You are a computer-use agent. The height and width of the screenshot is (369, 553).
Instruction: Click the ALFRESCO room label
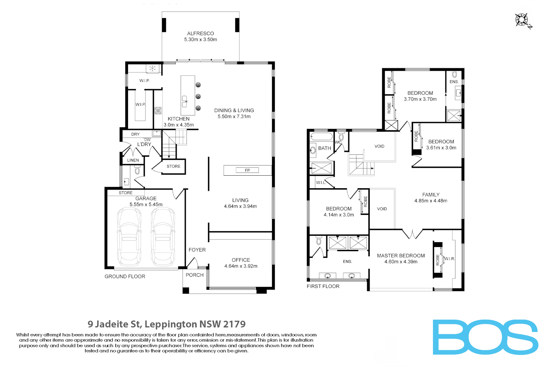coord(200,33)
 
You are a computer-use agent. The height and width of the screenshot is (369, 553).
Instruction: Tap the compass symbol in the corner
coord(523,20)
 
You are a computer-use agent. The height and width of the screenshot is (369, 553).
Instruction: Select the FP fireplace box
coord(247,170)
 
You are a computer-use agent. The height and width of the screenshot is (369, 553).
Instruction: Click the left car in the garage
coord(129,236)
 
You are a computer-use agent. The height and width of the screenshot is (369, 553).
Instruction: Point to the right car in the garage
coord(163,236)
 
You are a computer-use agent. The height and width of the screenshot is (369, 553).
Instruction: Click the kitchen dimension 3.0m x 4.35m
coord(179,125)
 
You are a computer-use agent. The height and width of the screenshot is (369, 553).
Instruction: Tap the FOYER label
coord(197,250)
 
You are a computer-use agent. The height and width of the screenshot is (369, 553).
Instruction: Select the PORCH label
coord(195,275)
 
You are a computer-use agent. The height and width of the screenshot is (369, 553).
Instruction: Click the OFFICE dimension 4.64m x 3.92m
coord(241,266)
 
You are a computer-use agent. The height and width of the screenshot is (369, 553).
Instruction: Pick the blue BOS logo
coord(485,337)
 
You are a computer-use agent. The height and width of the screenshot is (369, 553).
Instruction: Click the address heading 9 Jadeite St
coord(167,324)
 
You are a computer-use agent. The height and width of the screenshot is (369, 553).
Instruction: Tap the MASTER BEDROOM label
coord(401,256)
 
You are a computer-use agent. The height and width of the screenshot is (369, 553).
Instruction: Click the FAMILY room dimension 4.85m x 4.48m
coord(430,201)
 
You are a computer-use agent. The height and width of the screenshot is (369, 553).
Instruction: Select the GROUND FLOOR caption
coord(125,276)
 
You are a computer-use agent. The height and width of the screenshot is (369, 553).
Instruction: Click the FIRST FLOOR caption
coord(323,286)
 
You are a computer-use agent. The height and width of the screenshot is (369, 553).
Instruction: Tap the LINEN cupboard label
coord(133,160)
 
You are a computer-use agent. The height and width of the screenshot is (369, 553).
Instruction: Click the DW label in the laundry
coord(147,140)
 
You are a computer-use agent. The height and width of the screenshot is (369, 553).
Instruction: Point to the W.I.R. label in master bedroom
coord(449,259)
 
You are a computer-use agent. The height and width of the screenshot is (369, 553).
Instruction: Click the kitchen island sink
coord(185,101)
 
